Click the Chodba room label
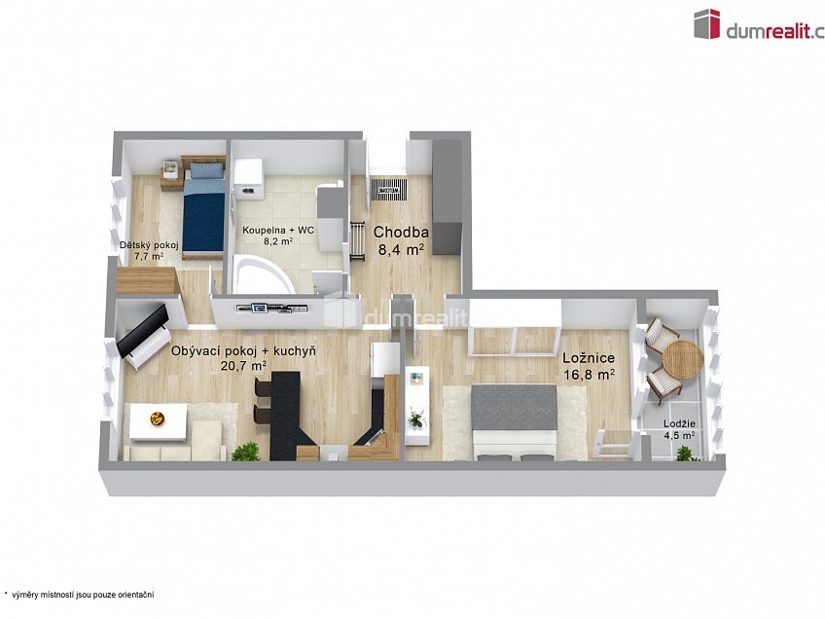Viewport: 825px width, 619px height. (401, 232)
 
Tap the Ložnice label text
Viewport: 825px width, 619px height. (589, 358)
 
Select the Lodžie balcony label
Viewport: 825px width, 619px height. (679, 423)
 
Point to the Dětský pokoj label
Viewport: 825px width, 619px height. (149, 245)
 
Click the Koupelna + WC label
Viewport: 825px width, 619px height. (278, 231)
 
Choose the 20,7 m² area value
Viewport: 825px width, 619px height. (243, 365)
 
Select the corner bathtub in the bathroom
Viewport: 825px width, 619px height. (263, 274)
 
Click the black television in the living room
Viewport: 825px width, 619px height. (143, 331)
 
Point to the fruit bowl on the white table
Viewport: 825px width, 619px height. (157, 419)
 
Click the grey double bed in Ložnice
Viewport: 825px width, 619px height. (514, 421)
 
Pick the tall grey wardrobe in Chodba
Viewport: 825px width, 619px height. (447, 198)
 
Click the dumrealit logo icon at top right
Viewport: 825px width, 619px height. (706, 23)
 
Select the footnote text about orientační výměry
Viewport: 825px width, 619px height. (79, 595)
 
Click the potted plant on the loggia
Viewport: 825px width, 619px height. (685, 454)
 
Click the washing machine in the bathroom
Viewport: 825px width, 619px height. (247, 178)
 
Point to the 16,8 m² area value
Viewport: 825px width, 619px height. (590, 375)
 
